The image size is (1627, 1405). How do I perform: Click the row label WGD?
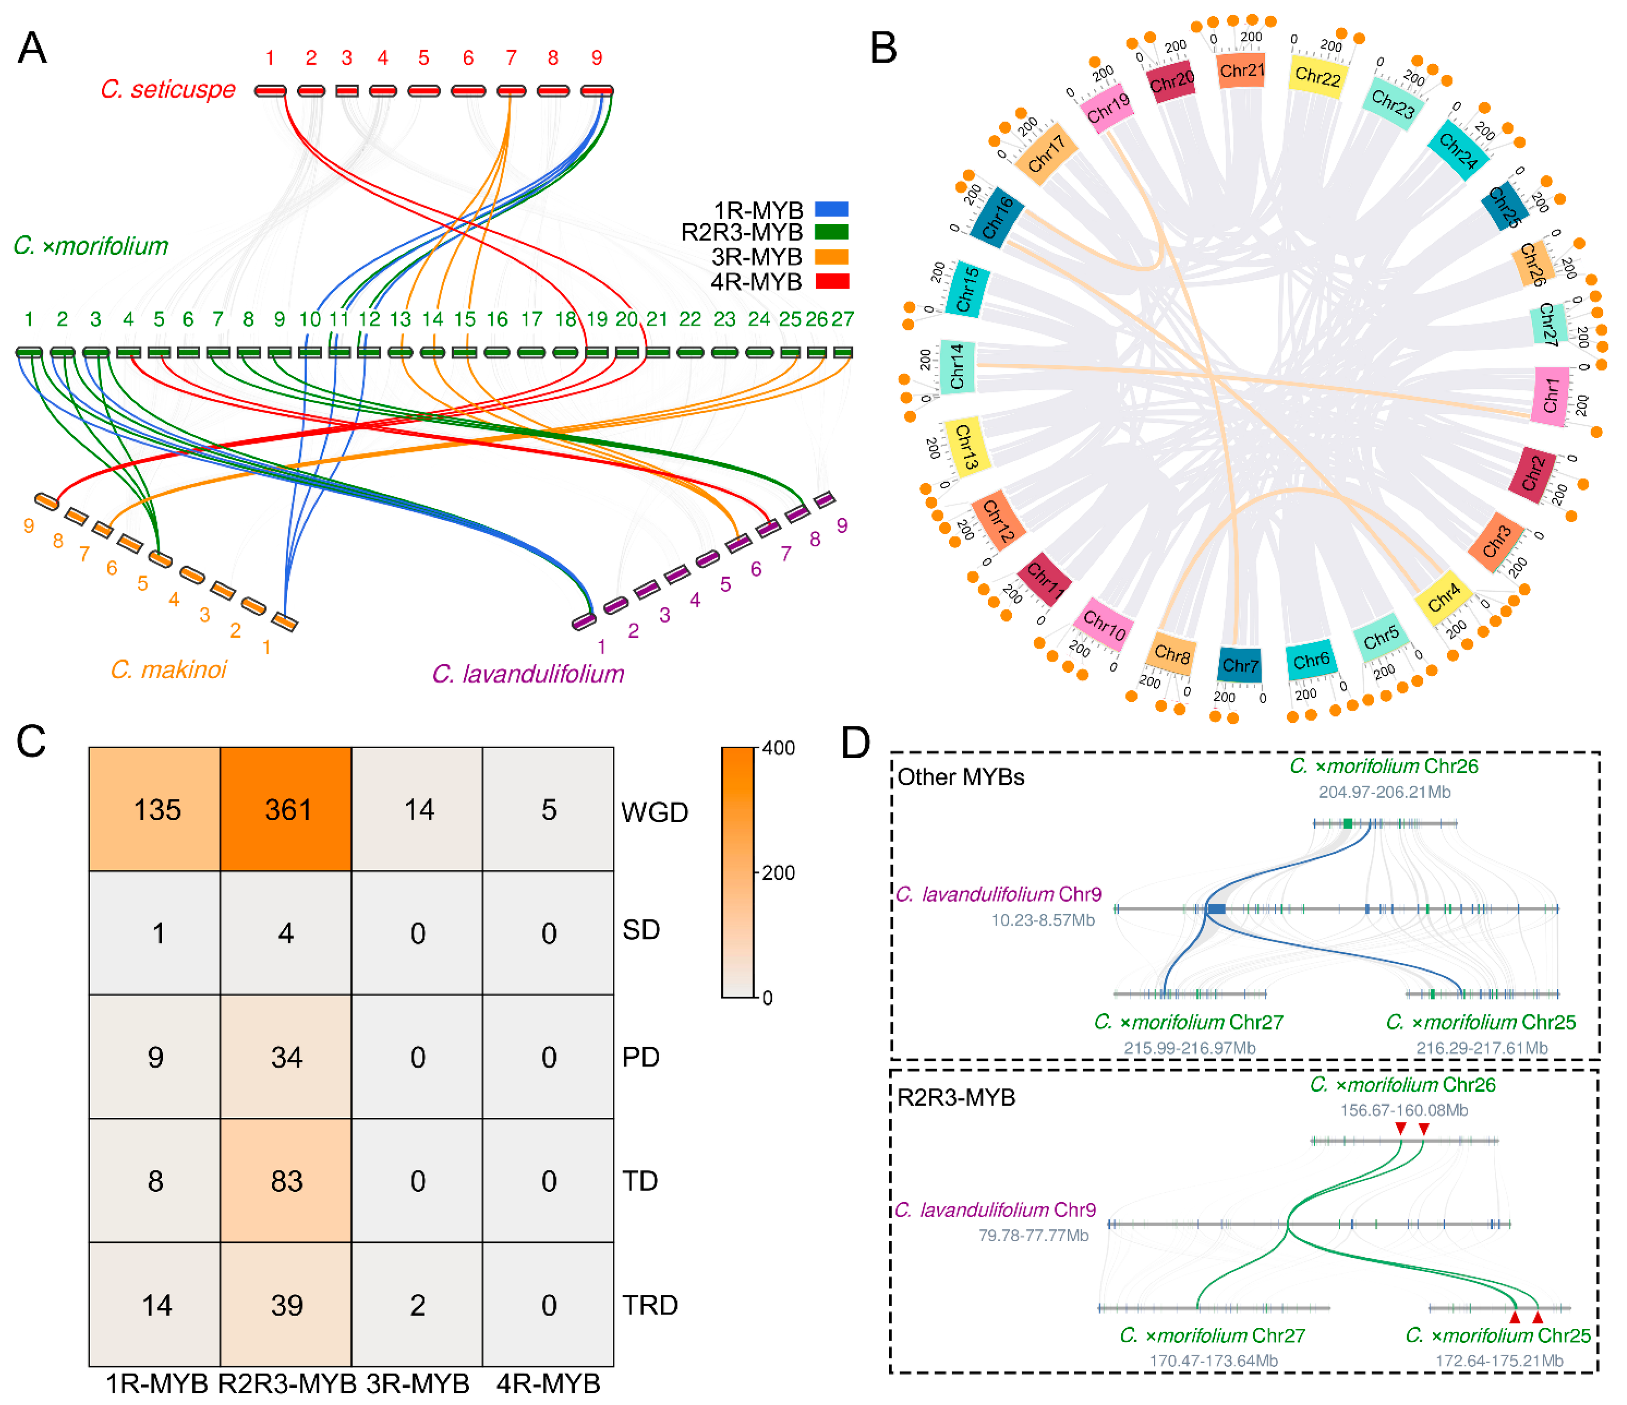coord(654,811)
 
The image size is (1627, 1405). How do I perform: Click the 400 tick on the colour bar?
coord(778,748)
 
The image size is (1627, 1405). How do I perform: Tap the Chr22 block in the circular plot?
coord(1318,77)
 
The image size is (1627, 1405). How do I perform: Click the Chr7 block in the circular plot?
coord(1240,665)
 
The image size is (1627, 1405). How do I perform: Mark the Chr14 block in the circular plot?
coord(957,366)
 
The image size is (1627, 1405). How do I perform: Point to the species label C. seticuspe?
coord(168,90)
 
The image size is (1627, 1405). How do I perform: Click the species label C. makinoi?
coord(168,669)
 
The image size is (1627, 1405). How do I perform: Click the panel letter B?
coord(883,49)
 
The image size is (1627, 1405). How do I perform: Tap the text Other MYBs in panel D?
coord(961,777)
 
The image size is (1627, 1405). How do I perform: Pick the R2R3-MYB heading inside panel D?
coord(956,1097)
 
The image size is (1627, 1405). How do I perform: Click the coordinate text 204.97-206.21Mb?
coord(1384,792)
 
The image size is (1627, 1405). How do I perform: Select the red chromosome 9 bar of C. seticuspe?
coord(597,91)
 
